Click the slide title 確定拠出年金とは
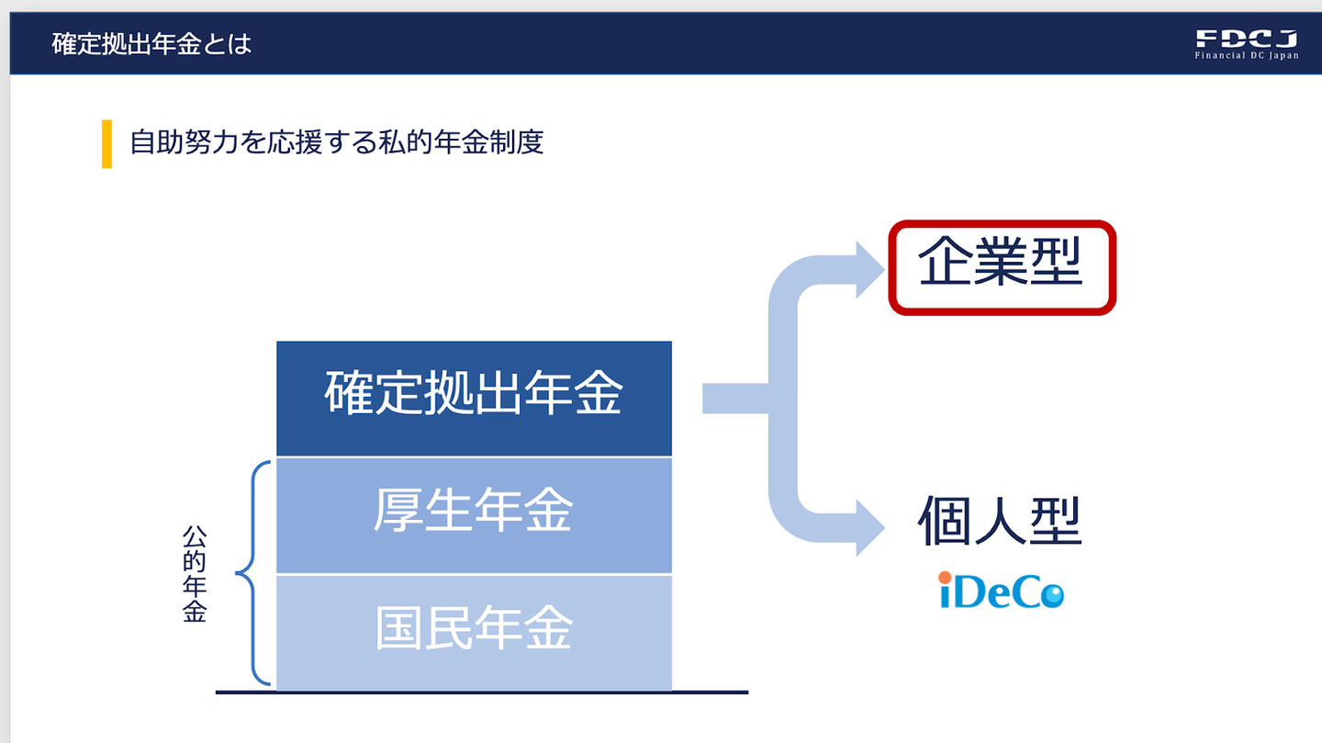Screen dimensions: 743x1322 tap(151, 43)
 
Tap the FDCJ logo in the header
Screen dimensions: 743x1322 tap(1246, 39)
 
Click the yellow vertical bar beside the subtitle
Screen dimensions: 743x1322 tap(106, 144)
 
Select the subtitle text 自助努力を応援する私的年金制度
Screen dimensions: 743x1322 tap(337, 143)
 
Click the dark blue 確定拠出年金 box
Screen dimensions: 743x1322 tap(474, 398)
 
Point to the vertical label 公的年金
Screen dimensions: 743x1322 tap(194, 574)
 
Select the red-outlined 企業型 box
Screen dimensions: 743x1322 tap(1001, 267)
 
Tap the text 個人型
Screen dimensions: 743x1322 tap(1000, 523)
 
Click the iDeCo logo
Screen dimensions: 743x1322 tap(1001, 591)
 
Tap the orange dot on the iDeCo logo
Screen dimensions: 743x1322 tap(945, 578)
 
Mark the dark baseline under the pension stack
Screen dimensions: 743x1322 tap(482, 692)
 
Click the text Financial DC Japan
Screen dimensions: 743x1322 tap(1246, 56)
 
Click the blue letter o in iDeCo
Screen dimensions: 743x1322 tap(1050, 595)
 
